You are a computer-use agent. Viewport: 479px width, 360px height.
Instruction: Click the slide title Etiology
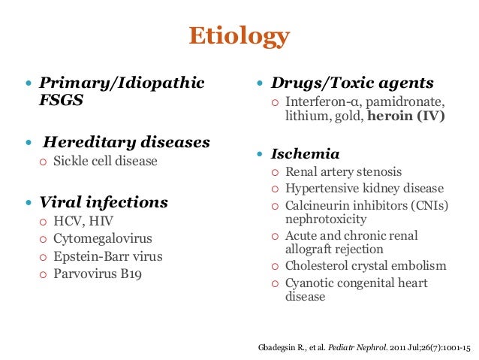239,36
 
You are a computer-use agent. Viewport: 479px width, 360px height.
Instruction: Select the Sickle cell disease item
105,161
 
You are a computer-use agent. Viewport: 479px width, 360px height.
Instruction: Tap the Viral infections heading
104,202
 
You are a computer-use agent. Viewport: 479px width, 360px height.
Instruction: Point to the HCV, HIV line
83,222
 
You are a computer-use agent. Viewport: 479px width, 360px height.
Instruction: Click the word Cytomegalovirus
102,239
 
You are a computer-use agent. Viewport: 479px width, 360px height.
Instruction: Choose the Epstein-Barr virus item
107,256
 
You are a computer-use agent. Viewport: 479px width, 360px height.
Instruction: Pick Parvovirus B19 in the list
98,274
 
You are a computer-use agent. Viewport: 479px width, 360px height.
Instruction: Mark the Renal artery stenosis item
343,172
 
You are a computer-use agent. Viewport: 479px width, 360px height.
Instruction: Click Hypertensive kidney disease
364,189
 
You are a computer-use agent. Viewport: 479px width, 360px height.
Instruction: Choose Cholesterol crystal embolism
366,266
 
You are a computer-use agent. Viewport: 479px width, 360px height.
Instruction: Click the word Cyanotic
309,283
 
